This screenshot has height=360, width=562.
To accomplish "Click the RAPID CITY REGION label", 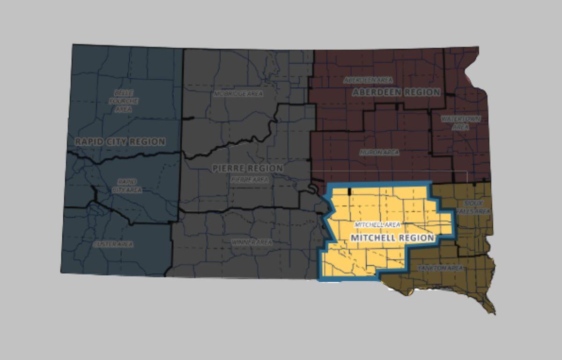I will [120, 142].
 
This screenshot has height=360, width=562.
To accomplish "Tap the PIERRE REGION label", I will [247, 168].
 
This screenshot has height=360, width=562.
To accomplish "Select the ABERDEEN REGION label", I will [396, 92].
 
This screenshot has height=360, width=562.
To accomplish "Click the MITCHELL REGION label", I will [392, 238].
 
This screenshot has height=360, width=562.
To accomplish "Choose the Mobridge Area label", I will [238, 94].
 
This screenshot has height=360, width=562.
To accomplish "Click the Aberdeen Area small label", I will [368, 80].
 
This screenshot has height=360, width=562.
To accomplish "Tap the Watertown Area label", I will [461, 123].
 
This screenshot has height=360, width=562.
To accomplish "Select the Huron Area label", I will [379, 152].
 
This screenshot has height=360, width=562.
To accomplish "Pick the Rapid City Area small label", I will [127, 186].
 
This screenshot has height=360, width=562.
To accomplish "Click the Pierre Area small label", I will [249, 179].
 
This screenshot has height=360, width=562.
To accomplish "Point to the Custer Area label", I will [113, 244].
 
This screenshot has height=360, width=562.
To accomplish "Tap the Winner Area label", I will [251, 242].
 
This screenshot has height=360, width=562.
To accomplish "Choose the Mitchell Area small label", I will [377, 225].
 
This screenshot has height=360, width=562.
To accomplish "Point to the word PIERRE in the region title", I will [229, 168].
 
